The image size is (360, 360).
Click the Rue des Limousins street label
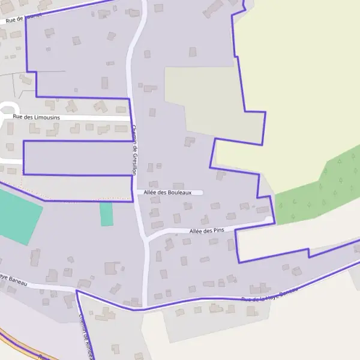tap(37, 117)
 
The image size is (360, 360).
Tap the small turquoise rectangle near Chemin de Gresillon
tap(106, 214)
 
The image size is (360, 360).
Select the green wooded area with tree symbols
tap(318, 186)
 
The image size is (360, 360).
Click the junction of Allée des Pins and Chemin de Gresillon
tap(146, 239)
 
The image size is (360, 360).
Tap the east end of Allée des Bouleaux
tap(203, 193)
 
